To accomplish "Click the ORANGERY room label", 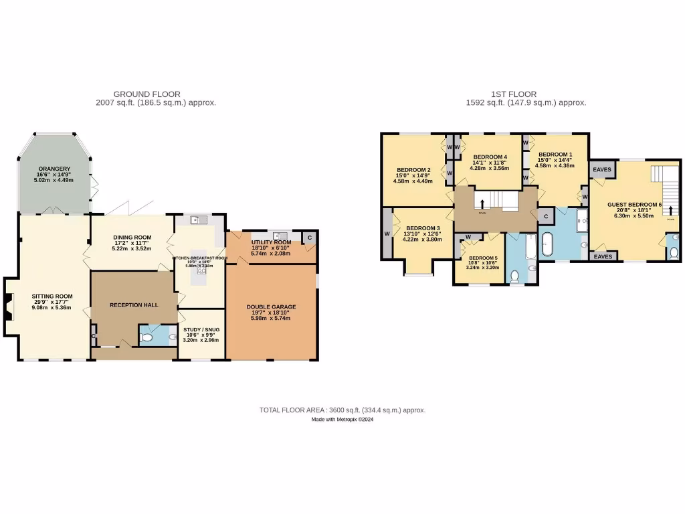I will (54, 169).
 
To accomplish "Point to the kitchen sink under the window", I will (195, 220).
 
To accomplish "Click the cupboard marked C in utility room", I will (310, 238).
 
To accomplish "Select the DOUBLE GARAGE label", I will (271, 307).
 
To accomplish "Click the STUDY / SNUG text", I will (201, 329).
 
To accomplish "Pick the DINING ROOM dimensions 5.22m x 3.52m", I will (132, 248).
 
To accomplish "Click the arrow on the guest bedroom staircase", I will (670, 209).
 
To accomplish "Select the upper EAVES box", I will (602, 170).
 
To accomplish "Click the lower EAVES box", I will (602, 256).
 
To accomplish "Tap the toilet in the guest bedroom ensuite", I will (673, 252).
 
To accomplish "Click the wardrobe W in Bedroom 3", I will (387, 234).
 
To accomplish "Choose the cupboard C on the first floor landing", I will (546, 216).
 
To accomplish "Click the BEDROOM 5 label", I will (483, 258).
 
